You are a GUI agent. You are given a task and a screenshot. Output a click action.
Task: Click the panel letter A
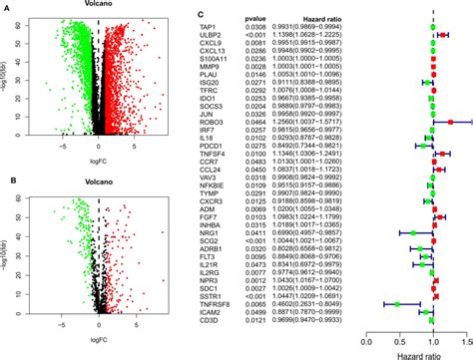pos(7,5)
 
